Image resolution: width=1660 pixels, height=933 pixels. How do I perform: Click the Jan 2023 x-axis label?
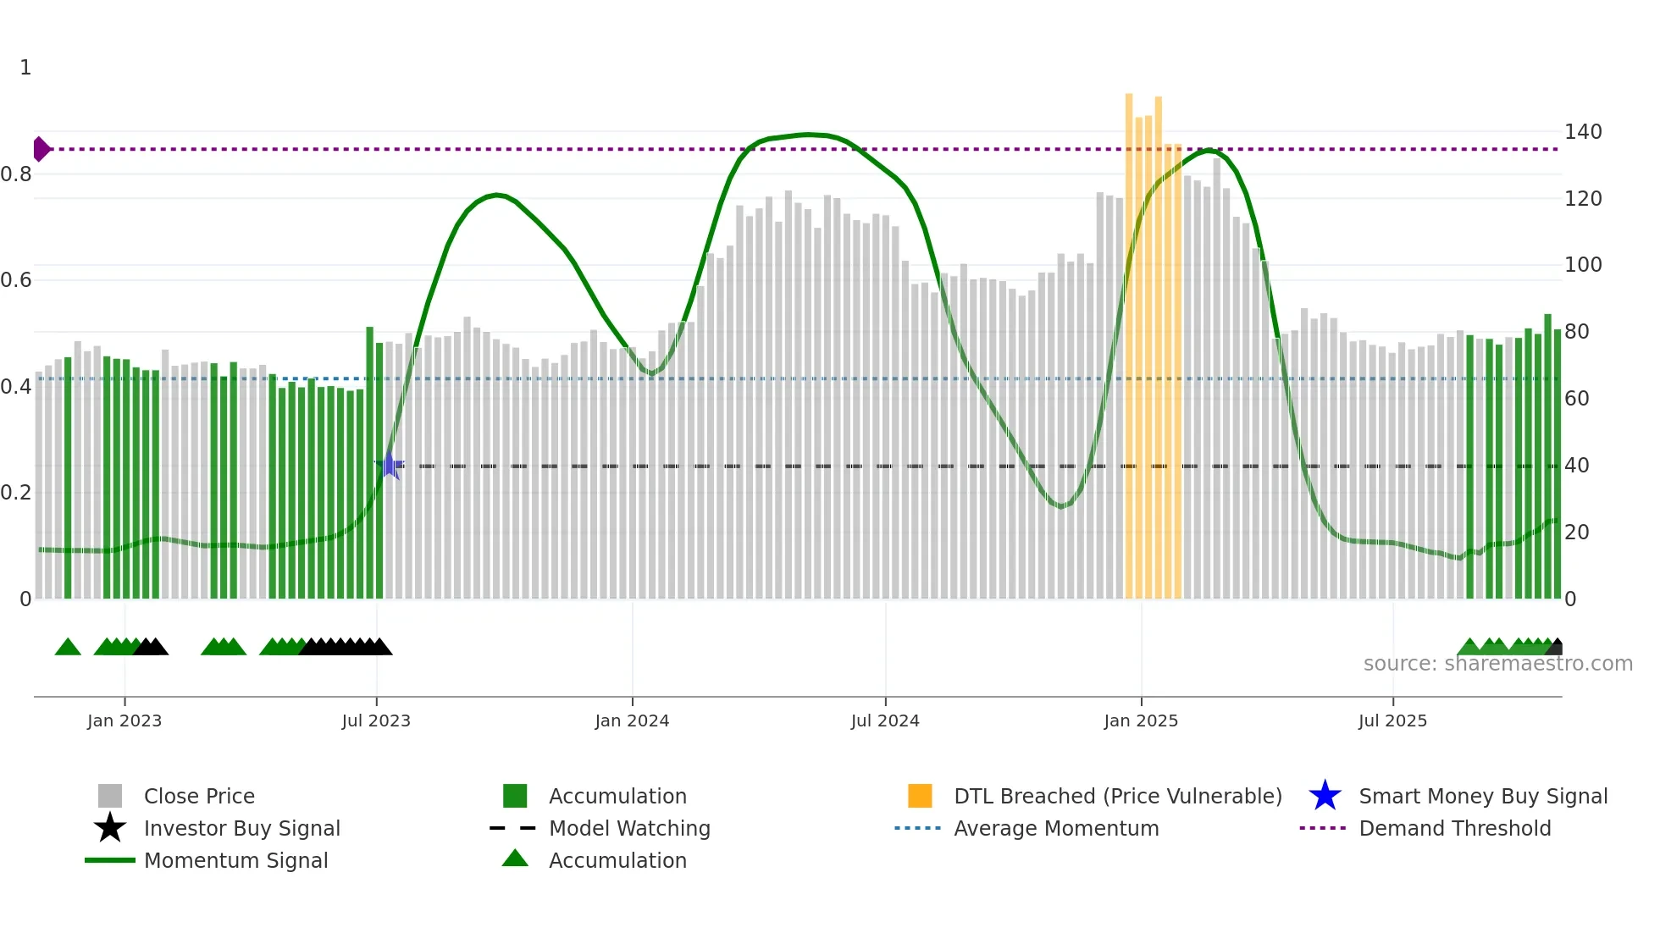point(124,720)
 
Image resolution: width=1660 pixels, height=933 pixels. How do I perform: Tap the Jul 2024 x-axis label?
point(885,720)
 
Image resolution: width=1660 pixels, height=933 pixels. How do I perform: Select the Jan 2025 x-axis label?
point(1141,720)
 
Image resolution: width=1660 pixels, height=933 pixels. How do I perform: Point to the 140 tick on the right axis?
point(1582,132)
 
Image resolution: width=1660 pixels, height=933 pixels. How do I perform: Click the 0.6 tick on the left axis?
point(16,280)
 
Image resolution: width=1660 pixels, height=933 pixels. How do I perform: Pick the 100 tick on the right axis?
point(1582,265)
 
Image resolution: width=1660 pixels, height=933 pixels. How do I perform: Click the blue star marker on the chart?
point(389,465)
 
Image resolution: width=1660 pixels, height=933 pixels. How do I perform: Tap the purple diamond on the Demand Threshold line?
point(41,149)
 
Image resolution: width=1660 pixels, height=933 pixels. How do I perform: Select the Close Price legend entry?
point(199,796)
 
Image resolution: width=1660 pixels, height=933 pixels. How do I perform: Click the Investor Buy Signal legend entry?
point(241,828)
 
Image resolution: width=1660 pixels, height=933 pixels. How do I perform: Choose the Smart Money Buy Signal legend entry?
point(1482,796)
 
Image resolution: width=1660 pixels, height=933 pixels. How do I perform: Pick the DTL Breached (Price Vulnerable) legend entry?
point(1117,796)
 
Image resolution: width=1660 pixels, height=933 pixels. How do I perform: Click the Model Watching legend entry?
point(629,828)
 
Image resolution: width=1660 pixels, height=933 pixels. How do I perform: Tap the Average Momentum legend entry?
point(1056,828)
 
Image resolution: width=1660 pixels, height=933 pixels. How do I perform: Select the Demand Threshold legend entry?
point(1454,828)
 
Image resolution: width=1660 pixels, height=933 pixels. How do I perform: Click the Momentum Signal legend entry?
point(235,860)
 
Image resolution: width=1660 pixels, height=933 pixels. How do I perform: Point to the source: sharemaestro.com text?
point(1497,664)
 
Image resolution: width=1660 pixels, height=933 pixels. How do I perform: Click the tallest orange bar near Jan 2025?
point(1129,339)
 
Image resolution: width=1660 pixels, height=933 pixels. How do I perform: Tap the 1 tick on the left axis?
point(25,68)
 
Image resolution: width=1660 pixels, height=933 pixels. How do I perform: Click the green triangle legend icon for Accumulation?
point(515,859)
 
